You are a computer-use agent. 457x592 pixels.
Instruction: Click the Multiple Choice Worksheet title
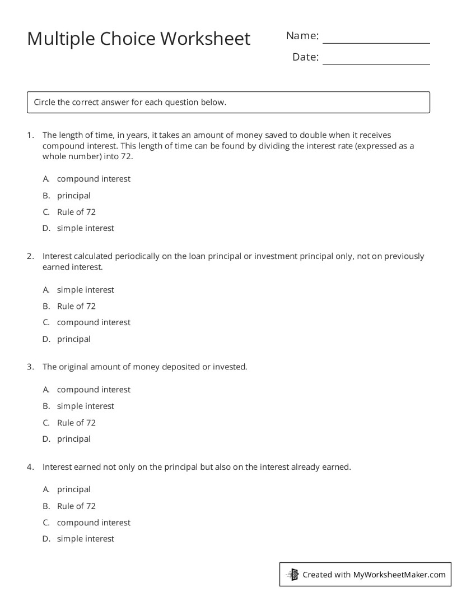pyautogui.click(x=138, y=39)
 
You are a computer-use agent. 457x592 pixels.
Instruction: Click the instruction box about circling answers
pyautogui.click(x=228, y=103)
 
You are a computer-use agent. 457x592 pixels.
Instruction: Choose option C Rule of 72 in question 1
pyautogui.click(x=76, y=212)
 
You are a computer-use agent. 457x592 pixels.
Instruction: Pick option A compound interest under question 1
pyautogui.click(x=93, y=179)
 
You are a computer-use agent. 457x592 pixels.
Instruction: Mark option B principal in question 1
pyautogui.click(x=73, y=196)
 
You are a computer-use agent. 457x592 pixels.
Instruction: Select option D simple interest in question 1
pyautogui.click(x=85, y=228)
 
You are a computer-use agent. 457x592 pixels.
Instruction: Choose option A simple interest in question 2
pyautogui.click(x=85, y=290)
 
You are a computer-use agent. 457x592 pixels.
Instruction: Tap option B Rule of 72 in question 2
pyautogui.click(x=76, y=306)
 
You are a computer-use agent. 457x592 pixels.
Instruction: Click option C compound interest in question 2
pyautogui.click(x=93, y=322)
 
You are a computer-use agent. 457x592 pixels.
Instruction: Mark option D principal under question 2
pyautogui.click(x=73, y=339)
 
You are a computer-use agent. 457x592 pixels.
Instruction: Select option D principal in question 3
pyautogui.click(x=73, y=439)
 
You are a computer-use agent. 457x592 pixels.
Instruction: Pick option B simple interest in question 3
pyautogui.click(x=85, y=406)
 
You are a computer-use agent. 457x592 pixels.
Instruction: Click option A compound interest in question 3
pyautogui.click(x=93, y=390)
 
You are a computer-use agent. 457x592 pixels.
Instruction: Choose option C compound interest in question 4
pyautogui.click(x=93, y=522)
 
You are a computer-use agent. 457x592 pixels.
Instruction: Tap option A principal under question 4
pyautogui.click(x=73, y=489)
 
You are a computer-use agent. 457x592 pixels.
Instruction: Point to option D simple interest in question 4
pyautogui.click(x=85, y=539)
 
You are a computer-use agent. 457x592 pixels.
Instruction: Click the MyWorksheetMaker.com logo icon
pyautogui.click(x=292, y=575)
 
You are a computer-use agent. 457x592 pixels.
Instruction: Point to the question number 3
pyautogui.click(x=30, y=367)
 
